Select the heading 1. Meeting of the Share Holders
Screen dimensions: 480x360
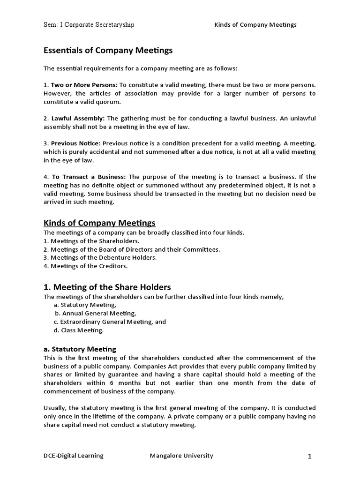107,287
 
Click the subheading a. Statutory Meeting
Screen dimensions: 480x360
80,349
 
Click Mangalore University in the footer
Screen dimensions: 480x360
181,456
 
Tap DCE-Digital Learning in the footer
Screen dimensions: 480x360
74,456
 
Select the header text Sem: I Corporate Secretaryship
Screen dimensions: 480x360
89,24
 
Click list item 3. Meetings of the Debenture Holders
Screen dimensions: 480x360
100,257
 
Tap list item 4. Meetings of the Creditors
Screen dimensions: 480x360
85,266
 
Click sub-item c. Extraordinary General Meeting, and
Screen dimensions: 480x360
110,322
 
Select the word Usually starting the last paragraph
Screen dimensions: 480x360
55,408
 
